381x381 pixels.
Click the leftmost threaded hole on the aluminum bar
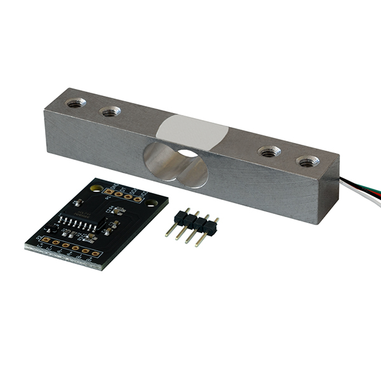click(x=75, y=103)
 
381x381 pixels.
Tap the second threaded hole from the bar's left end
click(x=110, y=112)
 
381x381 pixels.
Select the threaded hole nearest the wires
click(x=309, y=162)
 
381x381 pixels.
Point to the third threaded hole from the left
click(x=269, y=152)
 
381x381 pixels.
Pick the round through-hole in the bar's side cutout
click(x=187, y=154)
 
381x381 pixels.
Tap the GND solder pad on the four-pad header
click(x=109, y=190)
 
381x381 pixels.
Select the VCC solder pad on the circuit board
click(x=145, y=198)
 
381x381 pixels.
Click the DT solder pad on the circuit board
click(x=121, y=193)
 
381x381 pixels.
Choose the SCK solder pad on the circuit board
click(x=133, y=196)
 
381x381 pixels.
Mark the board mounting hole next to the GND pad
click(x=97, y=189)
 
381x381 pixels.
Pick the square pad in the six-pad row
click(x=45, y=240)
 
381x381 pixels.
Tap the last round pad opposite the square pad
click(x=95, y=254)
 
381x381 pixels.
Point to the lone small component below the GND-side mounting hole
click(x=78, y=203)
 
